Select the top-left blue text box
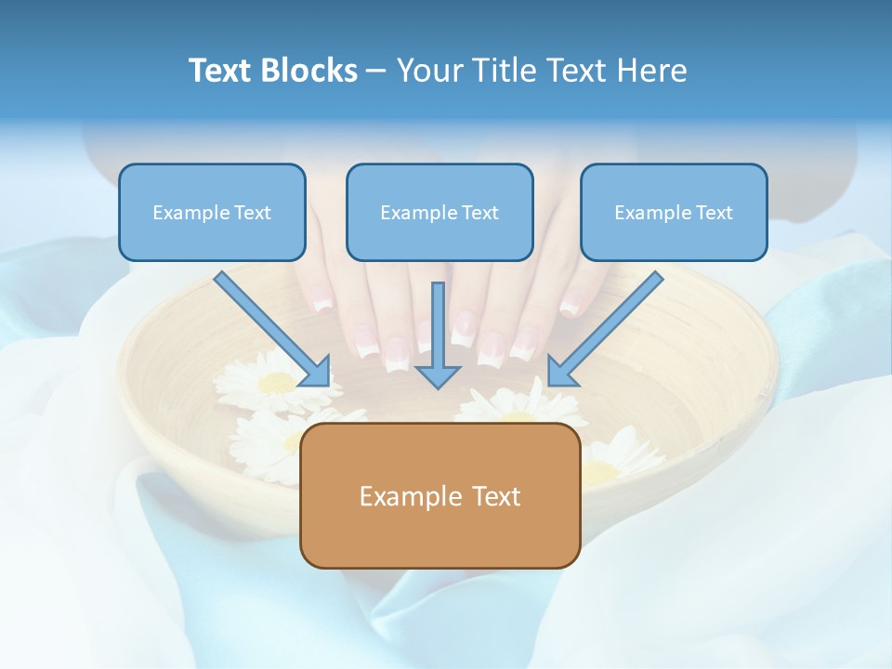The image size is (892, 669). (x=212, y=212)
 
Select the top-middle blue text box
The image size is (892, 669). (x=439, y=212)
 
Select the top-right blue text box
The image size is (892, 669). (x=674, y=212)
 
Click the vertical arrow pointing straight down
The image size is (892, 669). (x=439, y=334)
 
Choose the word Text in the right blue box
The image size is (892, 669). (x=714, y=213)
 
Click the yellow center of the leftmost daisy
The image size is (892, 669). (x=276, y=382)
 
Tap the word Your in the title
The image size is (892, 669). (x=426, y=71)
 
